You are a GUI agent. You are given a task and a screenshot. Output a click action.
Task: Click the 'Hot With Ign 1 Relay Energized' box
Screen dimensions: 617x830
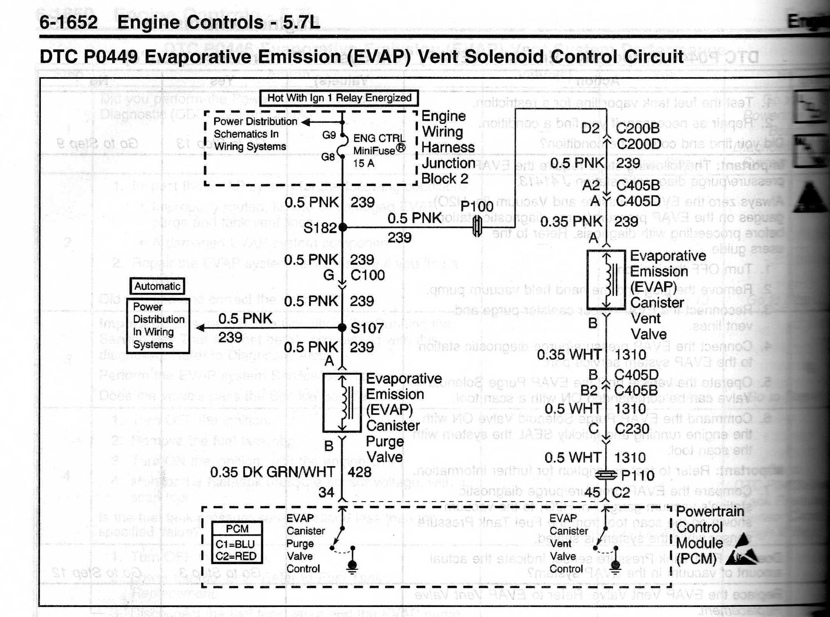(339, 98)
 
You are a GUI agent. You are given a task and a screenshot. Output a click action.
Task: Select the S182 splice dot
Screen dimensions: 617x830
(342, 227)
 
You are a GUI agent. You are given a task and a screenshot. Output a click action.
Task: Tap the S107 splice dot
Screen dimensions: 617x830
(342, 328)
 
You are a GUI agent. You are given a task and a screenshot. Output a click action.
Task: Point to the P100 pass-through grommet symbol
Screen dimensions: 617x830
(477, 227)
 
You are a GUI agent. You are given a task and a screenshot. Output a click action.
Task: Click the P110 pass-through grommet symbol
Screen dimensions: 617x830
(606, 475)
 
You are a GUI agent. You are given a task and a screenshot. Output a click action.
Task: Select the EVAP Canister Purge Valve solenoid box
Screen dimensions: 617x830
(342, 403)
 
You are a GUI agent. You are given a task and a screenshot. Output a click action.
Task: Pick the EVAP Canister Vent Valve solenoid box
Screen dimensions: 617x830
(606, 279)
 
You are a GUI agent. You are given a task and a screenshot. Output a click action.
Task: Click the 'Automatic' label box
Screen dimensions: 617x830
(157, 286)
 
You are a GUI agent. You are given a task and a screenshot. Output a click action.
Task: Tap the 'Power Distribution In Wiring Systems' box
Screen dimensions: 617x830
(158, 326)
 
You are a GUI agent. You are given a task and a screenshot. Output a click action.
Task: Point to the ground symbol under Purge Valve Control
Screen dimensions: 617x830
(352, 566)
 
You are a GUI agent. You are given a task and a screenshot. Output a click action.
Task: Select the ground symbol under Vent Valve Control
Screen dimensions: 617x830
(615, 566)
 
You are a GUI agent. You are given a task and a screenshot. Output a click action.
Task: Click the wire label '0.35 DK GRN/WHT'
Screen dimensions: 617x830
(272, 472)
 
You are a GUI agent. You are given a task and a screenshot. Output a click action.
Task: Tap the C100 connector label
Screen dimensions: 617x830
(367, 275)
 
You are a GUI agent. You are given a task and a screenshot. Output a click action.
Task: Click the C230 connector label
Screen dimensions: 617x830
(632, 429)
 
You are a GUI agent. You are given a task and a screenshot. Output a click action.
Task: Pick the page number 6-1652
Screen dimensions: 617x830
(68, 22)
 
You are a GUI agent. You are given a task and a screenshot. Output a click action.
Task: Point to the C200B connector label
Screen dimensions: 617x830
(637, 128)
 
